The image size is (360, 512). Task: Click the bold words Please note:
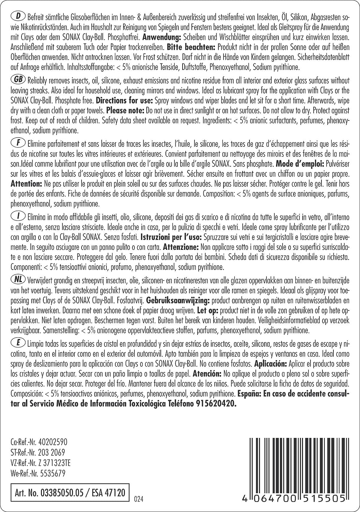pyautogui.click(x=125, y=111)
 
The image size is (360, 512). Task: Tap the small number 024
pyautogui.click(x=137, y=499)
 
